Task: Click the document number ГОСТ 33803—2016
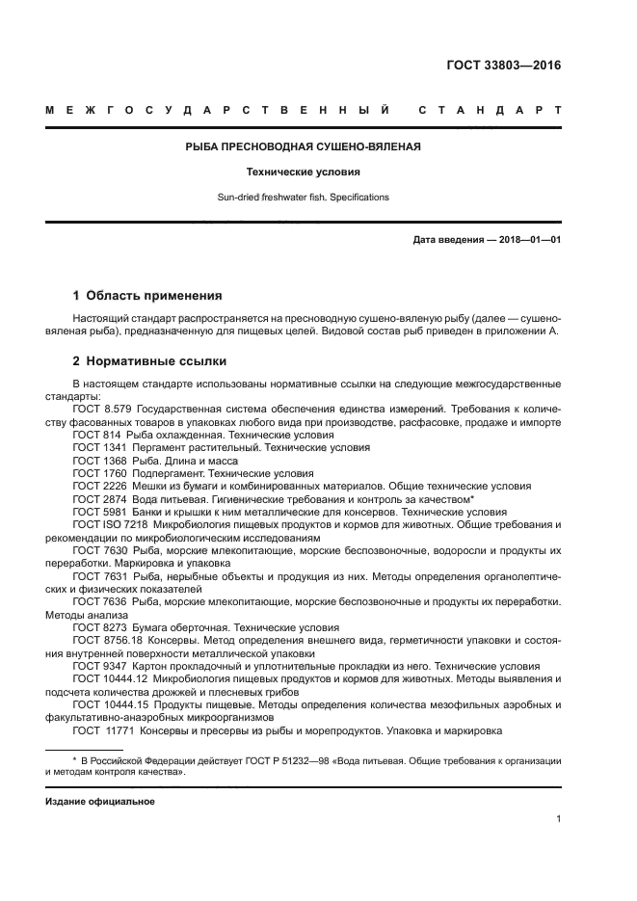[x=503, y=66]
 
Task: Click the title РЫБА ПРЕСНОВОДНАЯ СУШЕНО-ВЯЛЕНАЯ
[x=304, y=147]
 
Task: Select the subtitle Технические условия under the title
[x=304, y=172]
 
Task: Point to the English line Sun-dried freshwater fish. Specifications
[x=304, y=197]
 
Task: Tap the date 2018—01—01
[x=528, y=240]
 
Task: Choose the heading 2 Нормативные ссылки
[x=149, y=361]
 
